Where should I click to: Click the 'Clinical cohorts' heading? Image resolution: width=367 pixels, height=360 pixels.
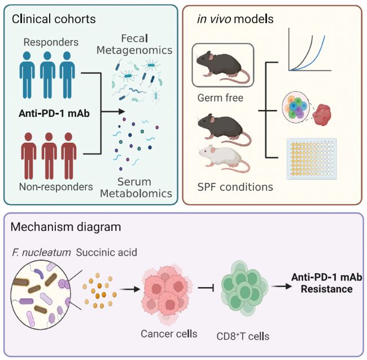click(x=54, y=19)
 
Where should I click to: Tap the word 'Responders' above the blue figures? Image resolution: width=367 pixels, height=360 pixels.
click(x=51, y=42)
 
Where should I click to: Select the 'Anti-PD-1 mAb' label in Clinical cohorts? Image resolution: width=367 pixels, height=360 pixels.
click(x=54, y=113)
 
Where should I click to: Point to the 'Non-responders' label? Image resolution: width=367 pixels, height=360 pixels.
click(x=56, y=187)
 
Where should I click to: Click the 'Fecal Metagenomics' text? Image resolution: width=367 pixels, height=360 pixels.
click(x=134, y=45)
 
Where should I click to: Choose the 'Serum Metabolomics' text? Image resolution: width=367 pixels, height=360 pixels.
click(x=136, y=187)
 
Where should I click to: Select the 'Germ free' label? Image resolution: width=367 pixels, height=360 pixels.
click(x=220, y=98)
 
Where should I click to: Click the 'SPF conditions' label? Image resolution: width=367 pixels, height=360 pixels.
click(x=235, y=187)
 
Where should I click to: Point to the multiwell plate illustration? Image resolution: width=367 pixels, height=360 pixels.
click(x=312, y=159)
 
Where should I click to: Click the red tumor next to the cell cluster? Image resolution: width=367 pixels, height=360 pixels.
click(x=322, y=115)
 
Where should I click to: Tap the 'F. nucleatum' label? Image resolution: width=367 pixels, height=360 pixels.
click(x=41, y=253)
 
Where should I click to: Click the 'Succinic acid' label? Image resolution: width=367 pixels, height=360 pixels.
click(x=107, y=253)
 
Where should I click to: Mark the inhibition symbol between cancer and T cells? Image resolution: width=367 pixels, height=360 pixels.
click(x=206, y=288)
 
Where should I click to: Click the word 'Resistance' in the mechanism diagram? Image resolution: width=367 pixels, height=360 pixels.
click(x=327, y=289)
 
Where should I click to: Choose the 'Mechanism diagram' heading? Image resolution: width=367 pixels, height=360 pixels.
click(x=65, y=227)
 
